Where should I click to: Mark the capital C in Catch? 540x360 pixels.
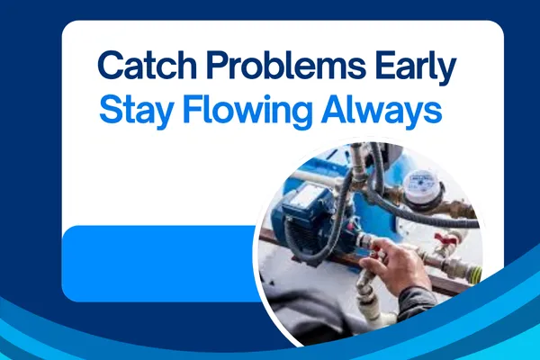(x=110, y=67)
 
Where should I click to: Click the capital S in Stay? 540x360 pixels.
(x=110, y=112)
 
